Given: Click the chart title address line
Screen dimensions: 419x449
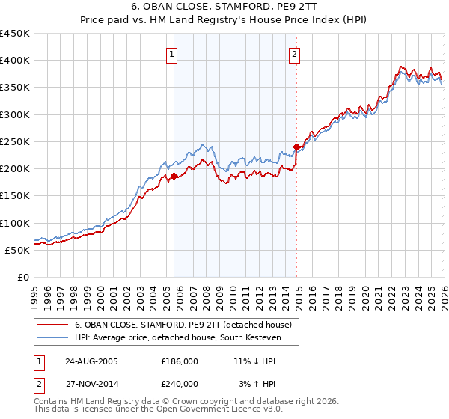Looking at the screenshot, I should [224, 8].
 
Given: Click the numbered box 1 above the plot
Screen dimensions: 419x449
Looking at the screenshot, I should [172, 54].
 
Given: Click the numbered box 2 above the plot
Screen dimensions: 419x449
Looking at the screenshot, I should [295, 54].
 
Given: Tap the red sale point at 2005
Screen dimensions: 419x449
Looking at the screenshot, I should [174, 177].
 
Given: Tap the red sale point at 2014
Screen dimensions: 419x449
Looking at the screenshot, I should [297, 147].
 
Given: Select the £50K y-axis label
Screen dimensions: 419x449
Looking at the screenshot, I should [17, 250].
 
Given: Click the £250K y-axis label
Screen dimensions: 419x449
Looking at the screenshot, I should [15, 141].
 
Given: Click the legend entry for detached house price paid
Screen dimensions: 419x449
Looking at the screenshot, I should [187, 324].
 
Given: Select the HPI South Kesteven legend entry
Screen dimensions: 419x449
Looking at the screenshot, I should [176, 337].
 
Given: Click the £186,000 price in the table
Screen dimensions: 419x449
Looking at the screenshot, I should [180, 361].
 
